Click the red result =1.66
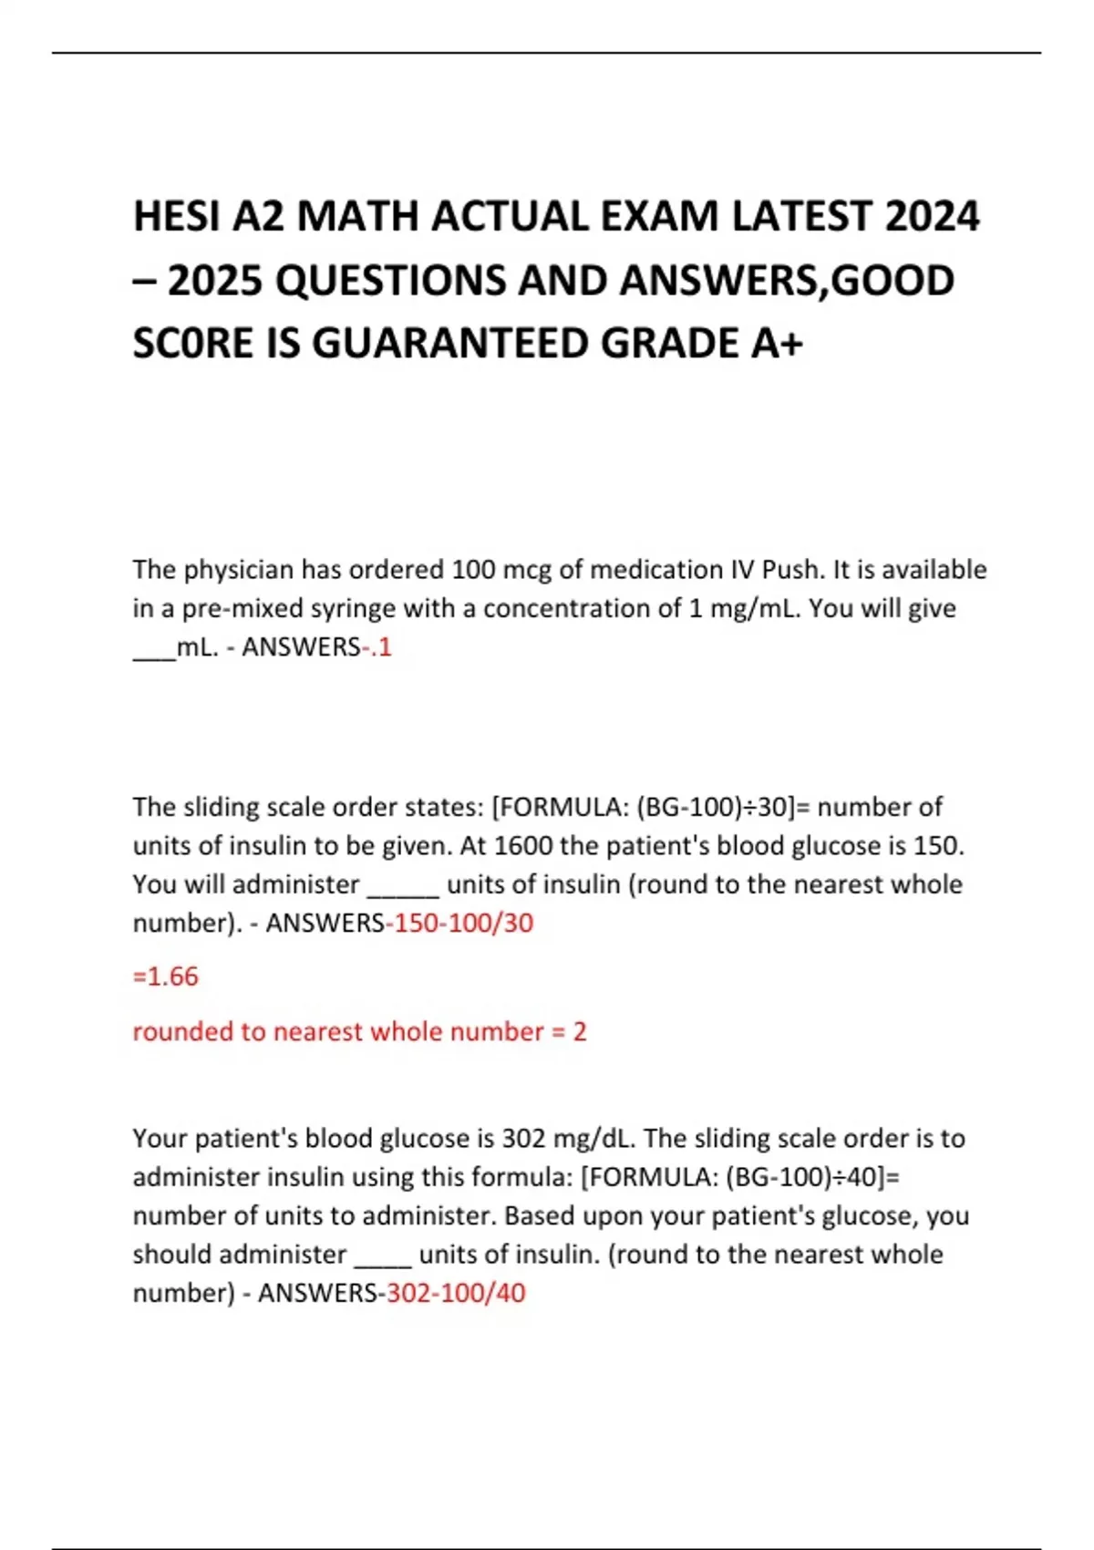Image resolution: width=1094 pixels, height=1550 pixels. (165, 976)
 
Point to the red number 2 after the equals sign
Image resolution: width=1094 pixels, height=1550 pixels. (580, 1032)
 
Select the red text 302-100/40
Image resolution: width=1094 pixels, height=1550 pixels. (456, 1293)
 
